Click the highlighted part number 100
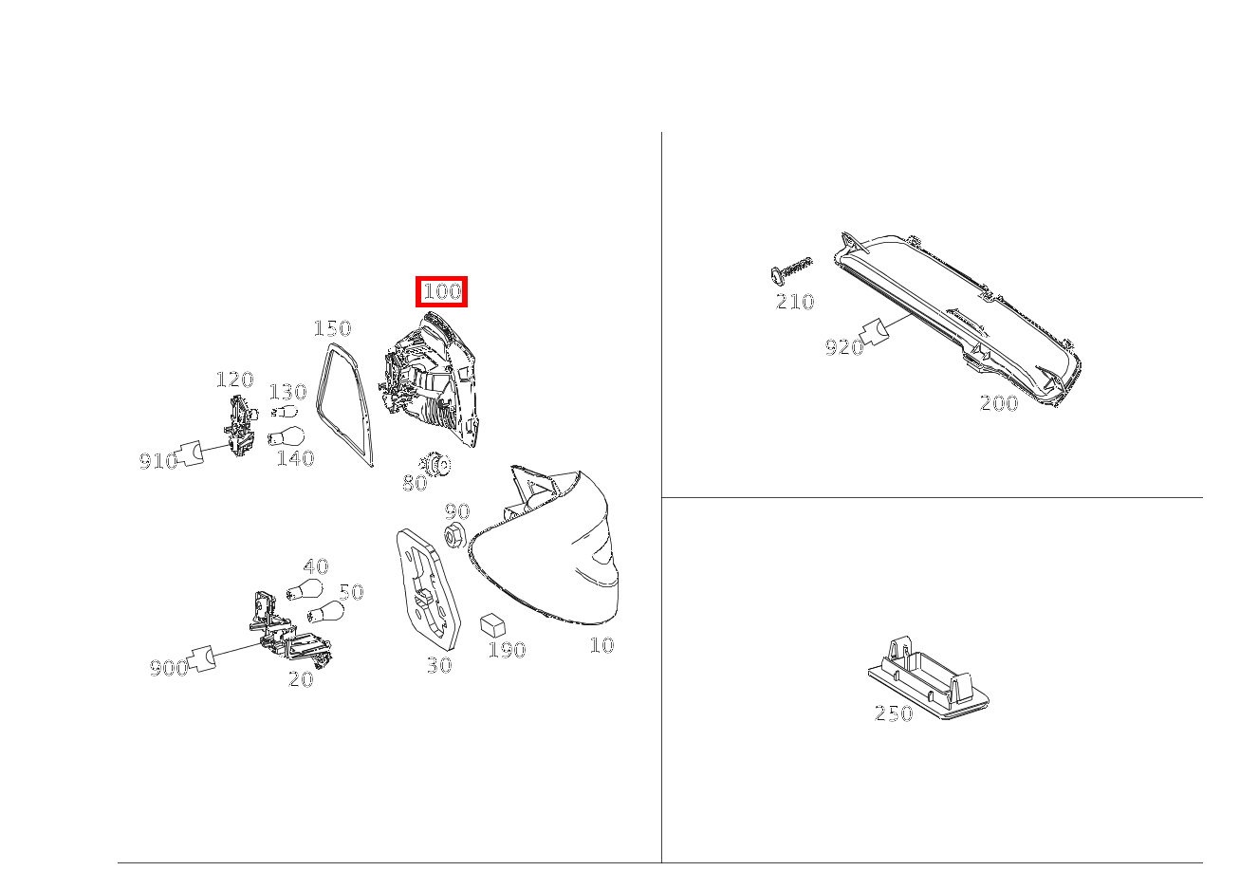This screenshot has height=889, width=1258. pyautogui.click(x=441, y=291)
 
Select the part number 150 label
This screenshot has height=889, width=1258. pyautogui.click(x=332, y=328)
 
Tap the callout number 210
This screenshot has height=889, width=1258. pyautogui.click(x=795, y=302)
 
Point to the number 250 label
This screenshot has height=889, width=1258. pyautogui.click(x=894, y=713)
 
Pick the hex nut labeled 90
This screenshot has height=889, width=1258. pyautogui.click(x=454, y=536)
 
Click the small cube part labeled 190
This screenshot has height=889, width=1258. pyautogui.click(x=492, y=624)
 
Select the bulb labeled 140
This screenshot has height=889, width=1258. pyautogui.click(x=286, y=436)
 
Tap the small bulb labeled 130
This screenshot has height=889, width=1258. pyautogui.click(x=285, y=412)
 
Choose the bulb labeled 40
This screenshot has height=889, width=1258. pyautogui.click(x=305, y=589)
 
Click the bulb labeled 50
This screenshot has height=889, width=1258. pyautogui.click(x=325, y=612)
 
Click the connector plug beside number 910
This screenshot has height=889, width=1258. pyautogui.click(x=190, y=453)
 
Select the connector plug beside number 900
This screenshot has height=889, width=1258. pyautogui.click(x=202, y=658)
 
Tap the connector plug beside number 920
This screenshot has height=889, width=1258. pyautogui.click(x=875, y=332)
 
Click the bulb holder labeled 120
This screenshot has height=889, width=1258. pyautogui.click(x=241, y=425)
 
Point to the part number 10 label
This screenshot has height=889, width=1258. pyautogui.click(x=602, y=645)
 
